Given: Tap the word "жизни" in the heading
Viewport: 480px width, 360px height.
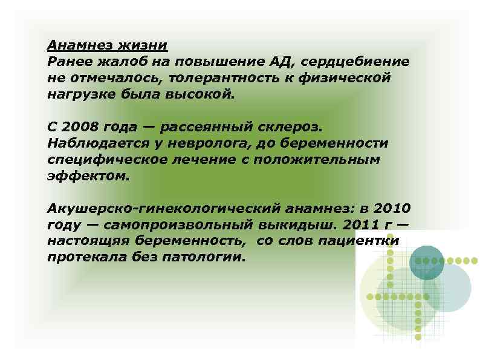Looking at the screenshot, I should pos(145,45).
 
